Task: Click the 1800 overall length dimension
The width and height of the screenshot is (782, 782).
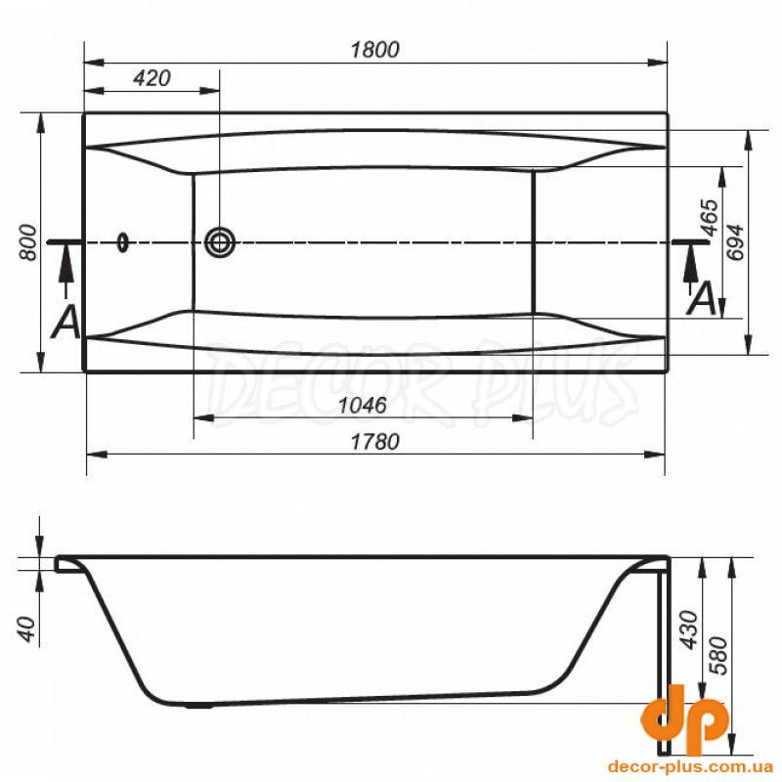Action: (x=375, y=50)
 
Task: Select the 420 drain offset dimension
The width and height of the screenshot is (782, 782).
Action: (x=152, y=78)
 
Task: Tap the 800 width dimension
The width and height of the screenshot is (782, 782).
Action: (x=29, y=242)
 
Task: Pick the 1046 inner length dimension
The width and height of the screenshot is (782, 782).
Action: (x=363, y=406)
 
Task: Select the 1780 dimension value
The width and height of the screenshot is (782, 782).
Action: (x=375, y=442)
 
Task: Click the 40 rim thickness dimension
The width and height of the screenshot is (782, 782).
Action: (x=28, y=630)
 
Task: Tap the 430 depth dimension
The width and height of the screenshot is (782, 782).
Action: (x=690, y=630)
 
